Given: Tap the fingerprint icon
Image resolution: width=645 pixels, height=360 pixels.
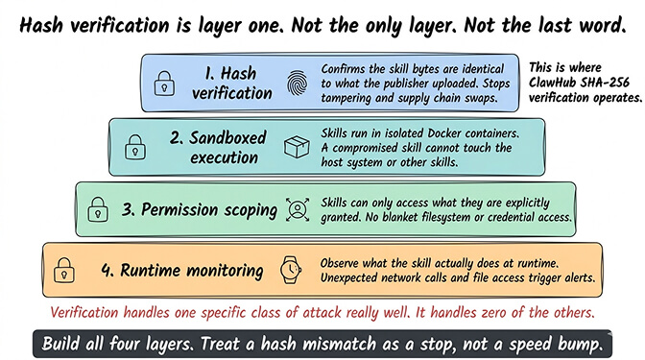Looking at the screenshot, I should pos(298,84).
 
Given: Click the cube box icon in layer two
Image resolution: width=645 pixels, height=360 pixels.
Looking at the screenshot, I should pos(298,146).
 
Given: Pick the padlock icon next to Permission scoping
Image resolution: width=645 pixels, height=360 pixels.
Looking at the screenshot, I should pos(100,208).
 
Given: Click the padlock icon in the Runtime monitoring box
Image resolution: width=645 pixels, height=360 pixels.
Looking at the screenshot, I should pos(65,270).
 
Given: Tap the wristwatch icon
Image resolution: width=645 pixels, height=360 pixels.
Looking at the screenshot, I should pos(291,271).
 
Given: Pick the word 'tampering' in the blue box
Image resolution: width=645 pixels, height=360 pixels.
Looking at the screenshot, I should pos(353,97).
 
